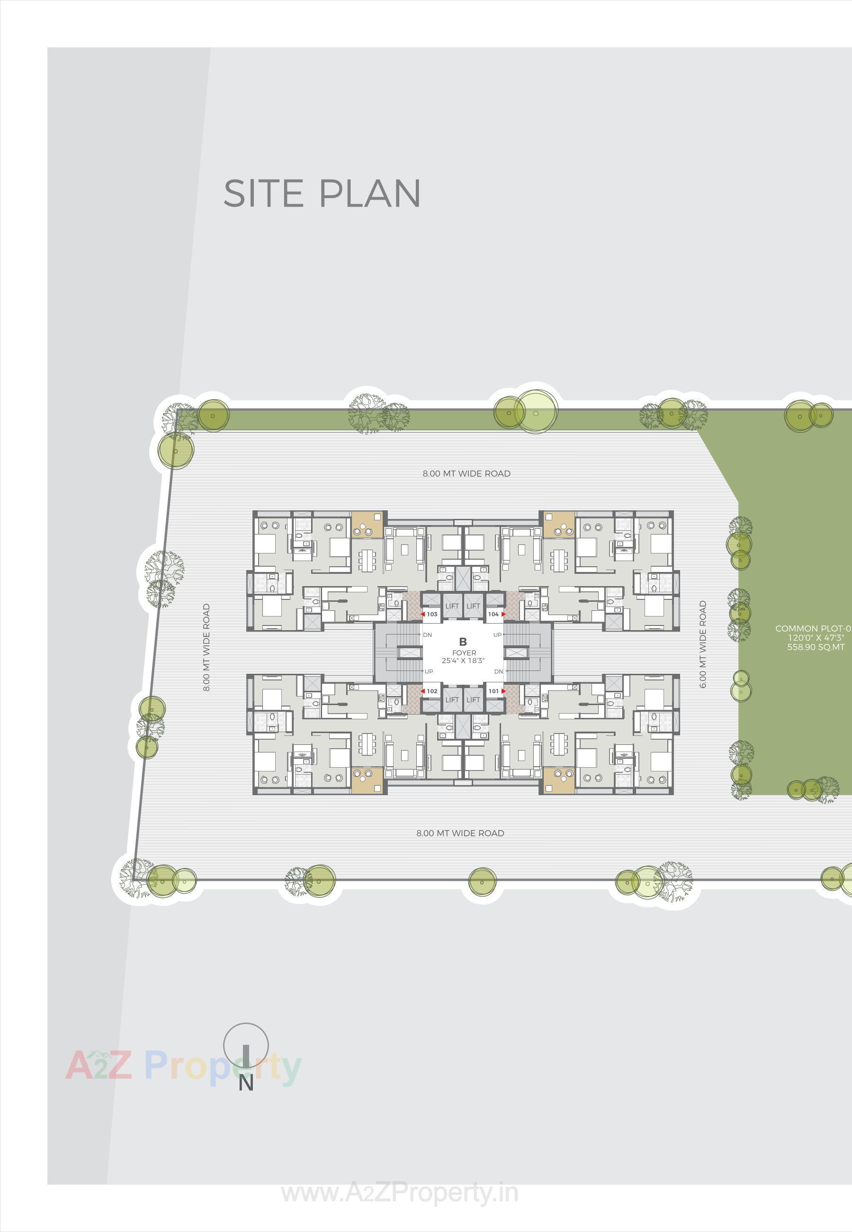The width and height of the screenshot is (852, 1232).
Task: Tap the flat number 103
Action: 432,614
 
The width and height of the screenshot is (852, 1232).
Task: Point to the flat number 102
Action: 432,691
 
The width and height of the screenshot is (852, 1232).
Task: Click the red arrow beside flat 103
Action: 423,614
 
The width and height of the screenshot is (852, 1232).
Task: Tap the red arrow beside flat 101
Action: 503,691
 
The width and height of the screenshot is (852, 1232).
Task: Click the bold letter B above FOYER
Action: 463,642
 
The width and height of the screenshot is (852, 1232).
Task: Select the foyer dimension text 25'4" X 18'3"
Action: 463,661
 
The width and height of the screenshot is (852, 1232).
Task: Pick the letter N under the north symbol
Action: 246,1083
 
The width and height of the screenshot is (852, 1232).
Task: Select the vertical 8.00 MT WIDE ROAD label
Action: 206,647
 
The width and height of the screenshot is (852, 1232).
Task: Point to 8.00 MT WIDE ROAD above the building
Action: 466,473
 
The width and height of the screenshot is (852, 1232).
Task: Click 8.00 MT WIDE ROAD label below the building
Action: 460,833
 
